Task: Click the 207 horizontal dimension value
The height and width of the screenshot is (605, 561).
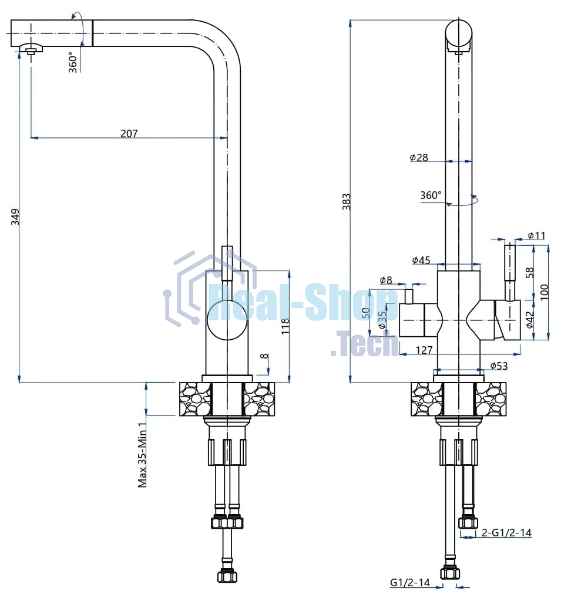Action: tap(129, 133)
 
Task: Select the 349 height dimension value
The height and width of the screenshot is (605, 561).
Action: tap(15, 217)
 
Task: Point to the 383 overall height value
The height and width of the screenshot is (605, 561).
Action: tap(346, 201)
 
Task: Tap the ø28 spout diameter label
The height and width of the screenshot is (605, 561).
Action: tap(419, 157)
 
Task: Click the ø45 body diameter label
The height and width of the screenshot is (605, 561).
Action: tap(421, 260)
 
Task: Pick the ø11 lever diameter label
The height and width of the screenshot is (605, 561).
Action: tap(536, 235)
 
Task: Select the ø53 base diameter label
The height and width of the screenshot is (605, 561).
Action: tap(499, 366)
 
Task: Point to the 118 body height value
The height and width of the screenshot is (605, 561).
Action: tap(285, 326)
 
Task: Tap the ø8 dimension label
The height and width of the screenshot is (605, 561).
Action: tap(386, 280)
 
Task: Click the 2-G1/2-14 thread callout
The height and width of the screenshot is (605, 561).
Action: tap(506, 533)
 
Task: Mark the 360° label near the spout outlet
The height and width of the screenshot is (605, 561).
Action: tap(73, 62)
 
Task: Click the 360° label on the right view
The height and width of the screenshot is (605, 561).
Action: tap(431, 195)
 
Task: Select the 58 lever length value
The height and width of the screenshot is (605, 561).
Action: tap(530, 272)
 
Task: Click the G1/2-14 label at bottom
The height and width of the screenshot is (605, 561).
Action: tap(410, 583)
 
